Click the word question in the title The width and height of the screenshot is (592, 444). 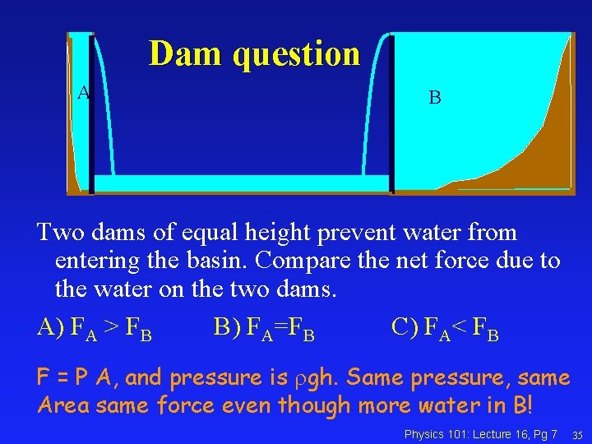297,55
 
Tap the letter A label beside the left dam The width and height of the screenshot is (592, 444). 82,93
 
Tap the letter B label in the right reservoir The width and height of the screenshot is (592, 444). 435,98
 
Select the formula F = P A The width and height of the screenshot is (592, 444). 75,377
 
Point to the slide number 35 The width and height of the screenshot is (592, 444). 577,434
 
